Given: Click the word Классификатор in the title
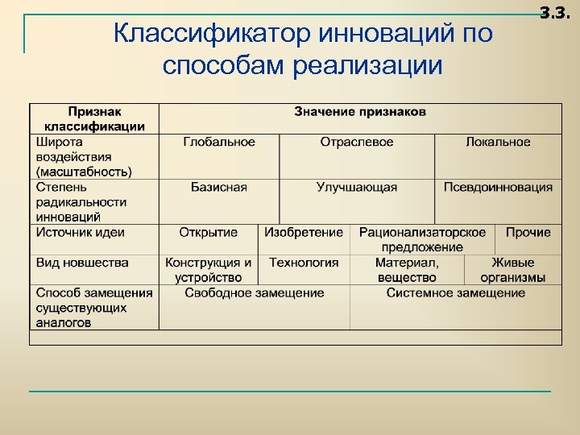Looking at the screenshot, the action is click(x=212, y=35).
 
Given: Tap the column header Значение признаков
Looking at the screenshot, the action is click(x=360, y=111).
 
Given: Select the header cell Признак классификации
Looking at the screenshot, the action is click(x=94, y=118).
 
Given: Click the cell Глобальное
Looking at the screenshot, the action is click(x=218, y=142).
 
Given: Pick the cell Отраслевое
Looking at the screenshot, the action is click(x=357, y=142).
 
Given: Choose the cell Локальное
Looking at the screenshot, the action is click(x=498, y=142).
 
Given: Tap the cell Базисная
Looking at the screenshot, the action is click(x=218, y=187).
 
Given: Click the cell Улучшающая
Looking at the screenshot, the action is click(x=357, y=187).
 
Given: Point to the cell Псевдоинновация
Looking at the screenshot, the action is click(x=498, y=187).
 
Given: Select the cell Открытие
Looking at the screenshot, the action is click(x=208, y=232).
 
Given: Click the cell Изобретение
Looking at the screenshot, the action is click(x=304, y=232).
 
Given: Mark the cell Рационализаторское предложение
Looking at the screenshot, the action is click(x=422, y=239).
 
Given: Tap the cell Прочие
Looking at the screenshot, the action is click(x=528, y=232).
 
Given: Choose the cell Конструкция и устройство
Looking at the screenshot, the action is click(x=208, y=270).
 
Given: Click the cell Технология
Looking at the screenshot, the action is click(x=304, y=263).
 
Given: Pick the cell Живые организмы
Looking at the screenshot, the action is click(x=513, y=270).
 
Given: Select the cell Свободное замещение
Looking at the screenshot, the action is click(x=254, y=293).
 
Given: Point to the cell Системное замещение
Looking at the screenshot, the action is click(x=455, y=293).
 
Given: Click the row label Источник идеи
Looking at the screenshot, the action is click(x=81, y=232).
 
